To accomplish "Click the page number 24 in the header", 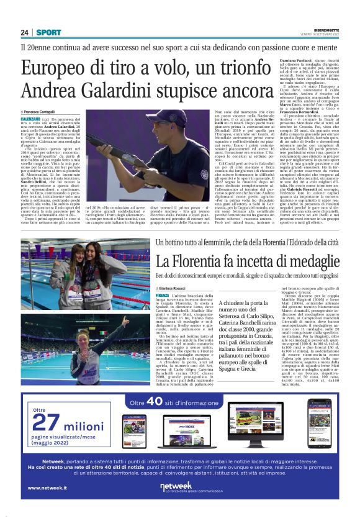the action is (x=25, y=32).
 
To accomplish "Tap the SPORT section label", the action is (x=48, y=32).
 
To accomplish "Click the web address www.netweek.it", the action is (x=47, y=488).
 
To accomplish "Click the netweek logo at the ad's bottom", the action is (x=179, y=487).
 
